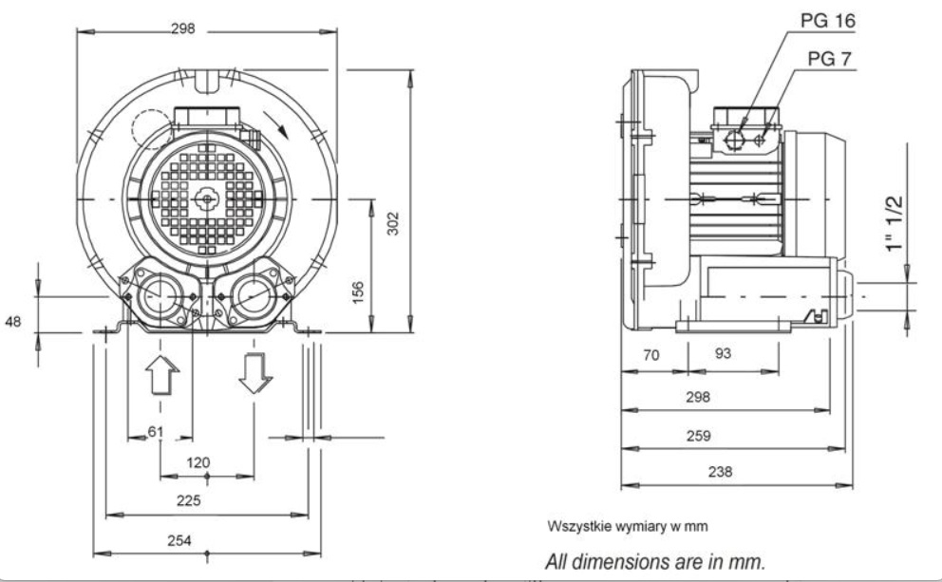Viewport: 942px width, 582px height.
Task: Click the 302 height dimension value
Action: coord(392,223)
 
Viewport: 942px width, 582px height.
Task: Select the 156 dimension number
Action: coord(357,292)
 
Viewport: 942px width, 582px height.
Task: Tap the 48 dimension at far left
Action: coord(12,321)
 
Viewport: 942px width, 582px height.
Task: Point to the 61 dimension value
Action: coord(156,431)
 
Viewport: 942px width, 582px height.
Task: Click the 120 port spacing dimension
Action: coord(198,462)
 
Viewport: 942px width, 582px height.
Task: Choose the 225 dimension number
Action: coord(189,500)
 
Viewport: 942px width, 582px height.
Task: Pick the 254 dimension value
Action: coord(179,540)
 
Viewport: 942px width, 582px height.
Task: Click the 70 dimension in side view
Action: coord(651,355)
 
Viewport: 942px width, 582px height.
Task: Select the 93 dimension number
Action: coord(724,353)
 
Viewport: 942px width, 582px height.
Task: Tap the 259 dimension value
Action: coord(699,436)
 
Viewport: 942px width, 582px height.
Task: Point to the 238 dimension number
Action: coord(721,472)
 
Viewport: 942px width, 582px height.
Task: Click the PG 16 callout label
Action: coord(828,21)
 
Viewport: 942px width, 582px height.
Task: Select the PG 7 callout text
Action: coord(830,59)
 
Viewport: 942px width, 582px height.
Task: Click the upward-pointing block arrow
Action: coord(162,375)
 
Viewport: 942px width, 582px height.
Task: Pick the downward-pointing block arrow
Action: coord(255,373)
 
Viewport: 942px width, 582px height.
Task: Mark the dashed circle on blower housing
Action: coord(152,129)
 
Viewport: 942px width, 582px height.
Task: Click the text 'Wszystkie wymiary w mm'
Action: coord(628,526)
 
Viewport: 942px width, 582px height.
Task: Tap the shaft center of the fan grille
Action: coord(207,198)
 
